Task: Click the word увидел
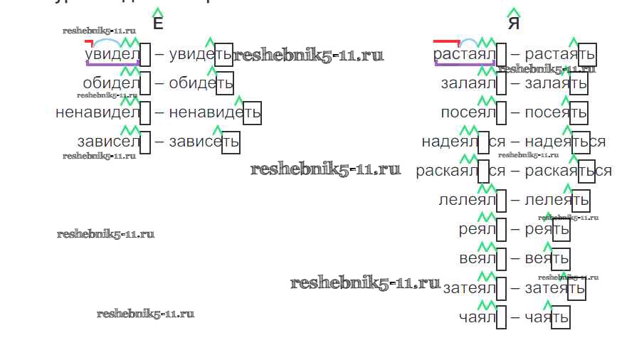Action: click(x=111, y=55)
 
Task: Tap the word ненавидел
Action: click(x=97, y=112)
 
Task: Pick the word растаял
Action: click(x=464, y=55)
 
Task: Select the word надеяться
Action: click(x=565, y=142)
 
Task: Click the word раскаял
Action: click(x=446, y=171)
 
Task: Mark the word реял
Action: click(x=477, y=230)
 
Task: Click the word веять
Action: click(x=547, y=258)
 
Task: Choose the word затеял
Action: click(x=468, y=288)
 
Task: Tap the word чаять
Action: click(x=547, y=317)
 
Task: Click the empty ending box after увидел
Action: click(x=145, y=55)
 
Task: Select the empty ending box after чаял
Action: click(x=501, y=317)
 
